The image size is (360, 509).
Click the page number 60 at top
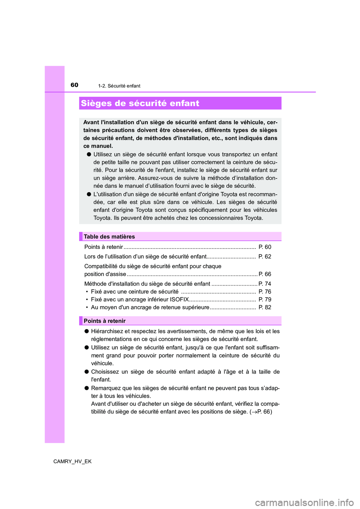coord(75,85)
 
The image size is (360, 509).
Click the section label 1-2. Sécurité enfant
coord(119,86)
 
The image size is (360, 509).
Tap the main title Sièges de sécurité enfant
coord(140,103)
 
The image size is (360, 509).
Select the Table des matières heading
coord(109,237)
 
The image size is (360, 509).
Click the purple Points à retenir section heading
coord(105,321)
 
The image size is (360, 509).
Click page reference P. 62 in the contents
coord(265,257)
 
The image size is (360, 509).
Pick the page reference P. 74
coord(265,284)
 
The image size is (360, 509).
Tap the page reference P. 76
coord(265,292)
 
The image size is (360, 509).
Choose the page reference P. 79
coord(265,299)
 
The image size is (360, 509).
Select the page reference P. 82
coord(265,307)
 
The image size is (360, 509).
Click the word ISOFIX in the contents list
coord(179,299)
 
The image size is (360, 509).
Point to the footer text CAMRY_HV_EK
coord(72,461)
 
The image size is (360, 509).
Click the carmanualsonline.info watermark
coord(304,502)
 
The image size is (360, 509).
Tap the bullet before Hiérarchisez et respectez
coord(86,331)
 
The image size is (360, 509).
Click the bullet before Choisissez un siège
coord(86,371)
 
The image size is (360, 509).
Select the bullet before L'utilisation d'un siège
coord(89,194)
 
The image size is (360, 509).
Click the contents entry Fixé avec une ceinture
coord(135,292)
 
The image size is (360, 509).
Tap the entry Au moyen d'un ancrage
coord(150,307)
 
